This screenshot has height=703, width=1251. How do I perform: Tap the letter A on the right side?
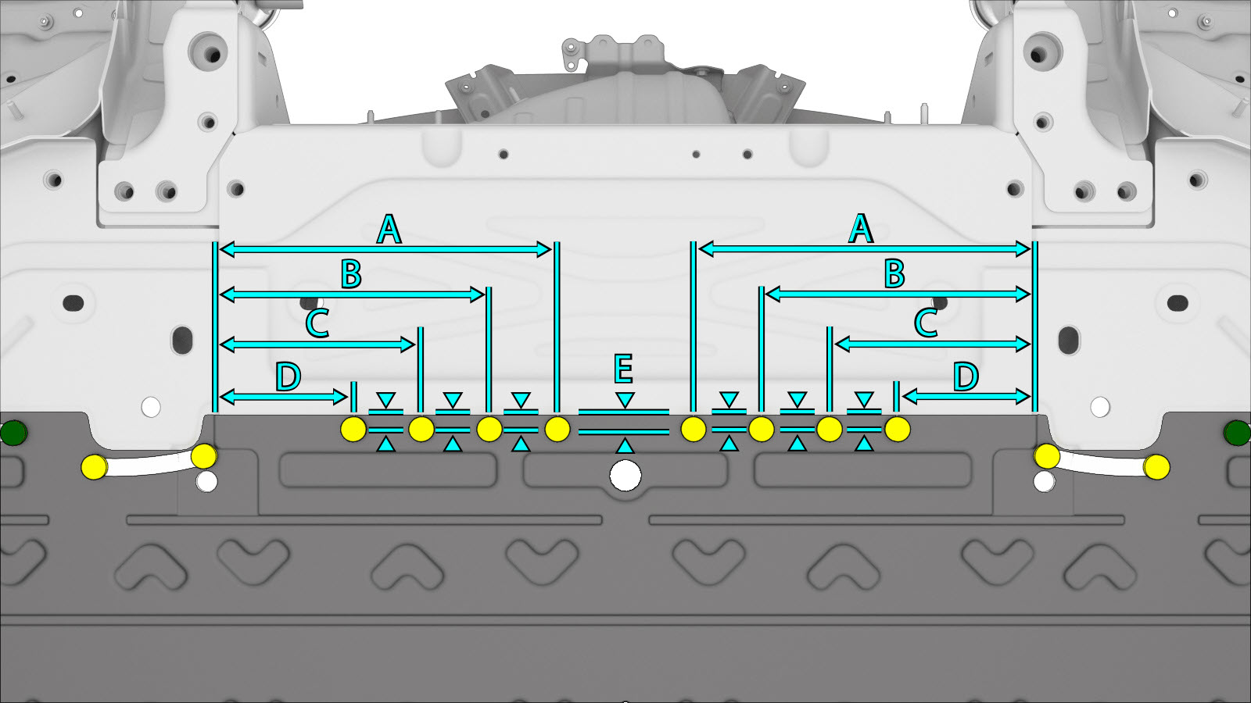coord(861,229)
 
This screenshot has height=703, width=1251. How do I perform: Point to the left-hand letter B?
coord(351,274)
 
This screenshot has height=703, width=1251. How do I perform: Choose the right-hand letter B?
coord(894,274)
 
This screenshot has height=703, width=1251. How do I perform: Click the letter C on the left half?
coord(317,323)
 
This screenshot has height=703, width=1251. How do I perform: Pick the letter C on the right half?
coord(926,323)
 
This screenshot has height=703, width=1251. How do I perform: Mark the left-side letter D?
coord(289,377)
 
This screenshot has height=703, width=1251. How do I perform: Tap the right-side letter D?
coord(966,376)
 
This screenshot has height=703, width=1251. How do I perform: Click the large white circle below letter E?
coord(625,475)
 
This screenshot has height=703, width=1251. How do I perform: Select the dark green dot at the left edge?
coord(13,433)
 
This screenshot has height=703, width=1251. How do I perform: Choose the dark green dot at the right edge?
coord(1237,433)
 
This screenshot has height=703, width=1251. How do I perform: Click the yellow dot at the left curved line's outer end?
coord(94,467)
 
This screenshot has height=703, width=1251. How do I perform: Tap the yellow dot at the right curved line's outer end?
coord(1157,467)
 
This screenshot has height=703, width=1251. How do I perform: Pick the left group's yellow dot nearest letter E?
coord(557,429)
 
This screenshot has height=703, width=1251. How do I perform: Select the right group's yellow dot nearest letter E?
coord(694,429)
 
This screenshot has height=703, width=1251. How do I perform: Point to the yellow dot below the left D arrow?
coord(353,429)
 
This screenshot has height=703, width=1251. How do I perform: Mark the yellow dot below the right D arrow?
coord(898,429)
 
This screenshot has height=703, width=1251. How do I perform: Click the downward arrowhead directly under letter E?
coord(625,401)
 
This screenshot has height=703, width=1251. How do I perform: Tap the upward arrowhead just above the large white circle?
coord(625,446)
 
